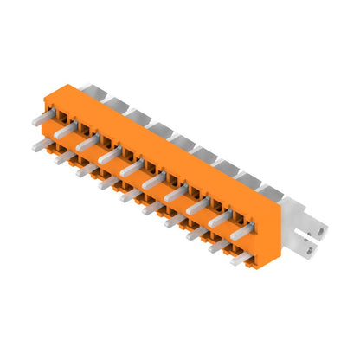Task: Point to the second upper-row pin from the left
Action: click(65, 135)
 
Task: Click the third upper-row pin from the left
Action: click(87, 146)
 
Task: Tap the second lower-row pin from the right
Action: click(218, 245)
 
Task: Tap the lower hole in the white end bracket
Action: click(311, 252)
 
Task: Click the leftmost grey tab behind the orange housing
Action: click(90, 89)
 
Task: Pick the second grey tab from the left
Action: click(112, 100)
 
